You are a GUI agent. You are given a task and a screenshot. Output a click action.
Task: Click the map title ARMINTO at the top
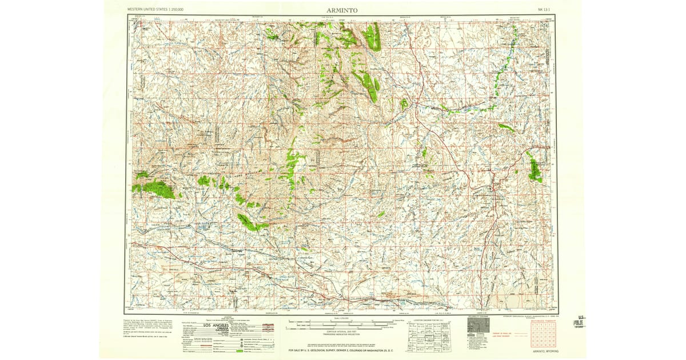pyautogui.click(x=343, y=10)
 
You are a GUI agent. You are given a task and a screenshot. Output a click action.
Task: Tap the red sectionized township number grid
pyautogui.click(x=543, y=335)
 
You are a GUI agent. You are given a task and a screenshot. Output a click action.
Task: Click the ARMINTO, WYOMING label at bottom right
pyautogui.click(x=545, y=351)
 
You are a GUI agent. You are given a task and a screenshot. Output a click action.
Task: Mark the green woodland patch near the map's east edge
pyautogui.click(x=535, y=170)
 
